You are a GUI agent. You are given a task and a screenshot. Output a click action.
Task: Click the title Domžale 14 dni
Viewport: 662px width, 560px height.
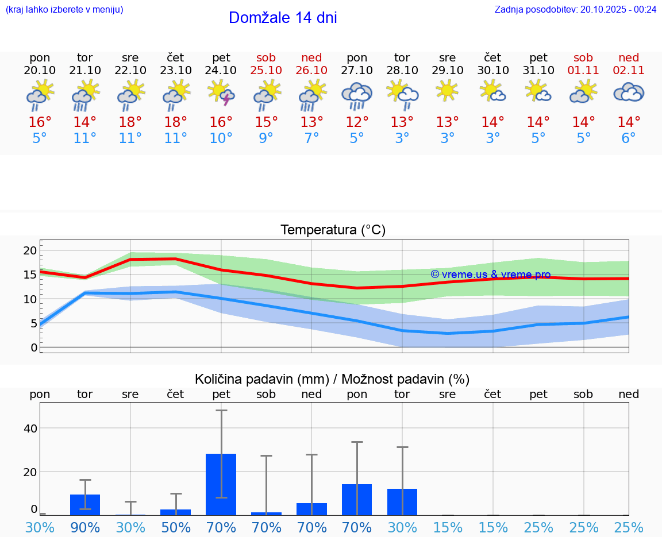283,18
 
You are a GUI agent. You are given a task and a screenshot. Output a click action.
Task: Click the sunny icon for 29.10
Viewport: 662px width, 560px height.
447,91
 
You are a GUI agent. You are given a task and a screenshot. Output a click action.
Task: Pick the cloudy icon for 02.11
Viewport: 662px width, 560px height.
629,92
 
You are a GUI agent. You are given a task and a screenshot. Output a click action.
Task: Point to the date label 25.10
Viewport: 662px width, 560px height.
266,70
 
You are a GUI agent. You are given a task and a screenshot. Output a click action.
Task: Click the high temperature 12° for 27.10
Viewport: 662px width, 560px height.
357,122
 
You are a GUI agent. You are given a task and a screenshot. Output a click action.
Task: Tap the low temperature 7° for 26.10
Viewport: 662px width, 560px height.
311,138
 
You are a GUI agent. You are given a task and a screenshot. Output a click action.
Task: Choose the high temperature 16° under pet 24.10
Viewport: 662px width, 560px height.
221,122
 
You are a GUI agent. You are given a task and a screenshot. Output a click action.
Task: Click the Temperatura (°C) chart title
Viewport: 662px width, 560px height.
333,230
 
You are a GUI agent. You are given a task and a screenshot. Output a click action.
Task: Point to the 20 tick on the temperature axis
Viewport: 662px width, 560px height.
30,250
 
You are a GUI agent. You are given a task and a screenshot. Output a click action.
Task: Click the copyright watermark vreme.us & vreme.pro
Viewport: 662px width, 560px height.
490,275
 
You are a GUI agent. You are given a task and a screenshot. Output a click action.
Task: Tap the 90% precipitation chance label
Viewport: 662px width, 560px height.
85,528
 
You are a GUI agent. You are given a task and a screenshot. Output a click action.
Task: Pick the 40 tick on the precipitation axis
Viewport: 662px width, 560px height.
30,428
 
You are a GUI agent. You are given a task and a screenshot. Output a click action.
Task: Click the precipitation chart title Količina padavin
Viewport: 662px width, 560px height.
332,379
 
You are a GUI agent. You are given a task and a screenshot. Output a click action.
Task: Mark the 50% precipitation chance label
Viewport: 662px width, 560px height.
176,528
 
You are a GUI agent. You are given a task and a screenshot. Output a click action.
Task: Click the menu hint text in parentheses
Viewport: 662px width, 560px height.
64,9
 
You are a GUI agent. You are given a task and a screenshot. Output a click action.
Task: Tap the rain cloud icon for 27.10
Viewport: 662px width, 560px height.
357,95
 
